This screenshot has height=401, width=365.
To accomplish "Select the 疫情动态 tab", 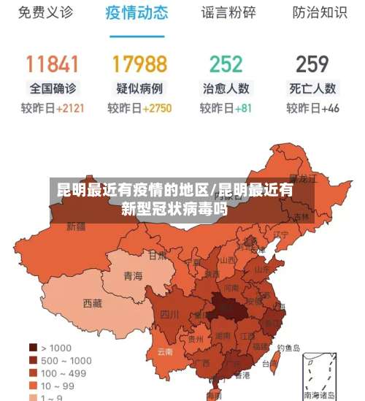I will coord(137,12).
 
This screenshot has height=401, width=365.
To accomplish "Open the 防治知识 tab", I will coord(319,12).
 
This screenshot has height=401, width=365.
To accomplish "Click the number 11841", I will coord(52,64).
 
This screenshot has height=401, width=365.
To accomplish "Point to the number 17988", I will coord(139,64).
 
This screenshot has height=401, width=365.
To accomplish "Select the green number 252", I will coord(226,64).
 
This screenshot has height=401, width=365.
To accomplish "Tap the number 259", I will coord(312,64).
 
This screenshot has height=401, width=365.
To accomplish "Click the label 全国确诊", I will coord(52,88).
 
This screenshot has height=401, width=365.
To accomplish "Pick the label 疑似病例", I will coord(139,88).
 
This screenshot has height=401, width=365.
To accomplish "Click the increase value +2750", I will coord(157,108).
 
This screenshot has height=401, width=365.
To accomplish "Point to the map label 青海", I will coord(133,276).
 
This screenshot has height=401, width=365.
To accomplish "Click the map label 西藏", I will coord(93,303).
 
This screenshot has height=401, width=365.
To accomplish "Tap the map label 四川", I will coord(169,315).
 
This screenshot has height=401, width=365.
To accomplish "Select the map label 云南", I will coord(165,351).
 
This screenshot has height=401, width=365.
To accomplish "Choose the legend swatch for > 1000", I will coord(33,348).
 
